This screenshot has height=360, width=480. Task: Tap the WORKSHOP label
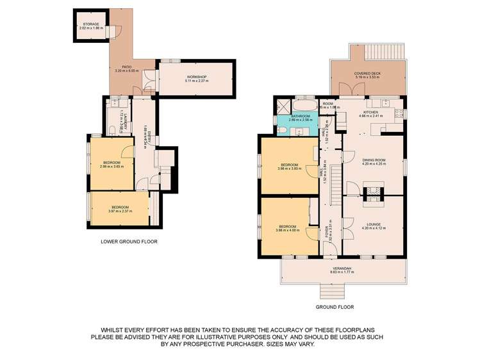(x=189, y=78)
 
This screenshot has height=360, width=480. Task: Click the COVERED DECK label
(x=367, y=74)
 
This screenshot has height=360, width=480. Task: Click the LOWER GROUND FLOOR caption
(x=129, y=242)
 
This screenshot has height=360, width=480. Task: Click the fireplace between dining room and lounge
(x=372, y=191)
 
